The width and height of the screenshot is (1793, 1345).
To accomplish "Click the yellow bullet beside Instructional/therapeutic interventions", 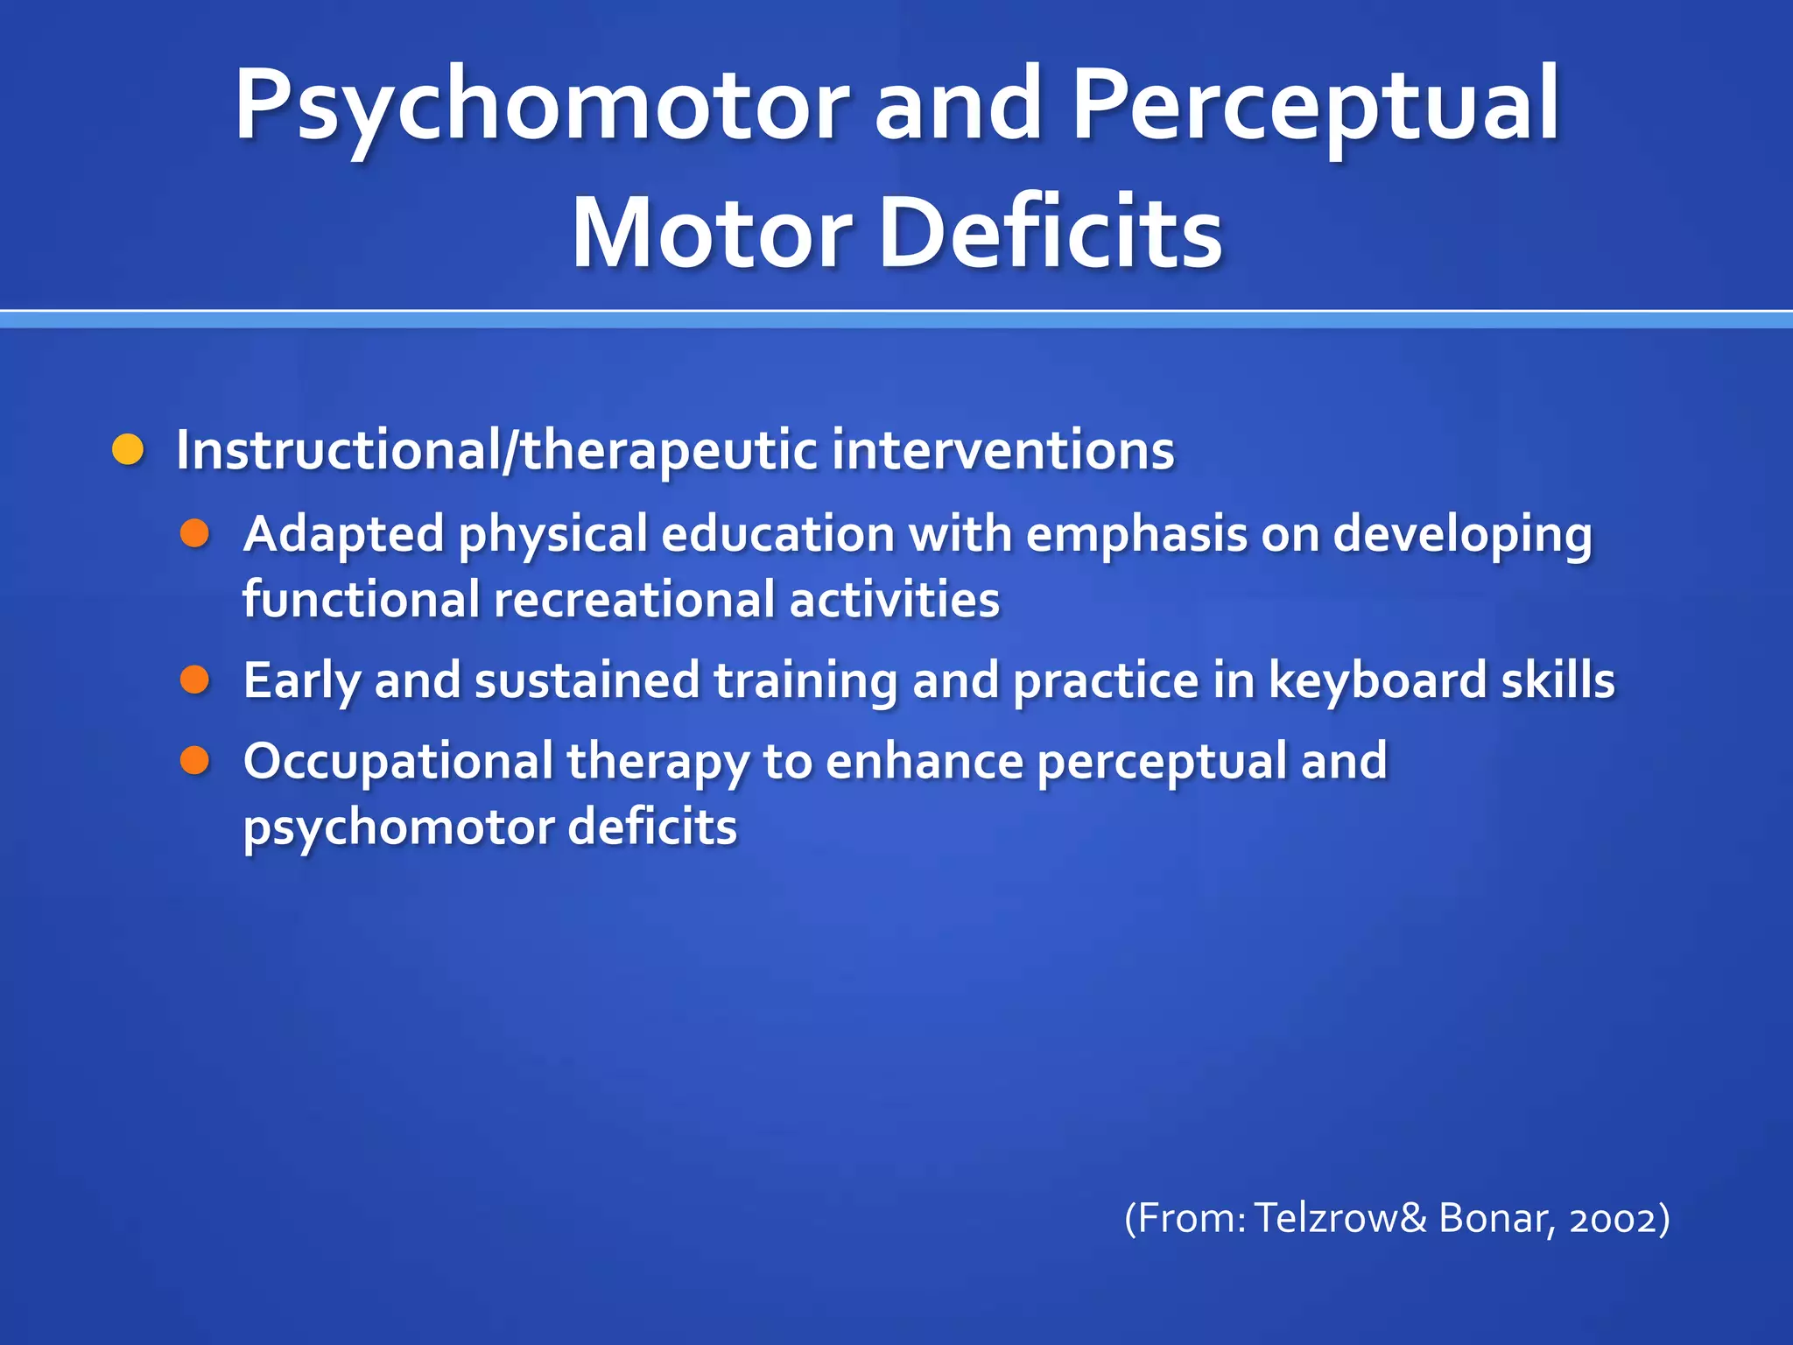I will [128, 450].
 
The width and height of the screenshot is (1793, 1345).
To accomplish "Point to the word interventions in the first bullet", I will [1002, 450].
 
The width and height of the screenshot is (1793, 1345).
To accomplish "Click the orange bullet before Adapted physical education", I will [194, 533].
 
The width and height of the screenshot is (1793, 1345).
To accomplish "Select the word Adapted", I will [343, 533].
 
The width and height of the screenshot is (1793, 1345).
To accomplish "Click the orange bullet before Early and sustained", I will [194, 680].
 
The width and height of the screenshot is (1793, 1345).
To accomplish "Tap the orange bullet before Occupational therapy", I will [194, 760].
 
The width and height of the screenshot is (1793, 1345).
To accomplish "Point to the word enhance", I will [925, 760].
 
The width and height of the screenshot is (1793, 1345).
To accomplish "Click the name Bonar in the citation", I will [1492, 1219].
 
